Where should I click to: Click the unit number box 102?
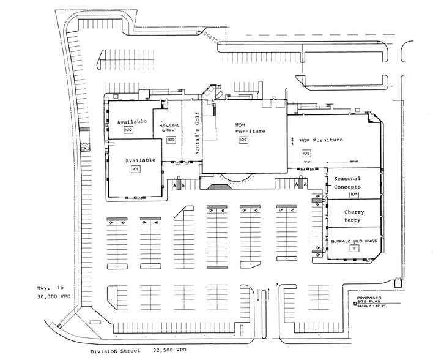tap(128, 130)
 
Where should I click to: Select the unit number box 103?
tap(171, 140)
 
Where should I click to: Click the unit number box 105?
tap(243, 140)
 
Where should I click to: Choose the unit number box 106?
tap(305, 152)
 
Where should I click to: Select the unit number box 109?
tap(353, 195)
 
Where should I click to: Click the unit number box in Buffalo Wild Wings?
tap(353, 249)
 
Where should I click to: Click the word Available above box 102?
tap(132, 122)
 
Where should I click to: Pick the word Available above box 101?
tap(141, 160)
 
